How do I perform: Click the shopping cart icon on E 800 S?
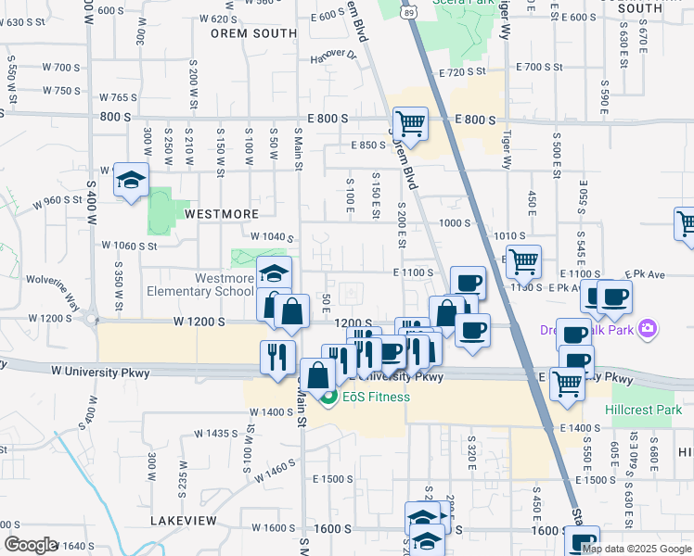pos(409,123)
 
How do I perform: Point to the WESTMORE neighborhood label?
pos(222,213)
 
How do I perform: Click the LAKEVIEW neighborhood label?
pos(184,522)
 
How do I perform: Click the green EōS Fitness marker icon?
pos(327,399)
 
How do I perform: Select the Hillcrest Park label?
pos(649,410)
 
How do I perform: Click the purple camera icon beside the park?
pos(648,329)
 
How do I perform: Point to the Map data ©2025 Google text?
pos(636,549)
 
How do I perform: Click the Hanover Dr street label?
pos(334,55)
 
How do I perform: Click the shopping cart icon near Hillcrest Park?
pos(568,384)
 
